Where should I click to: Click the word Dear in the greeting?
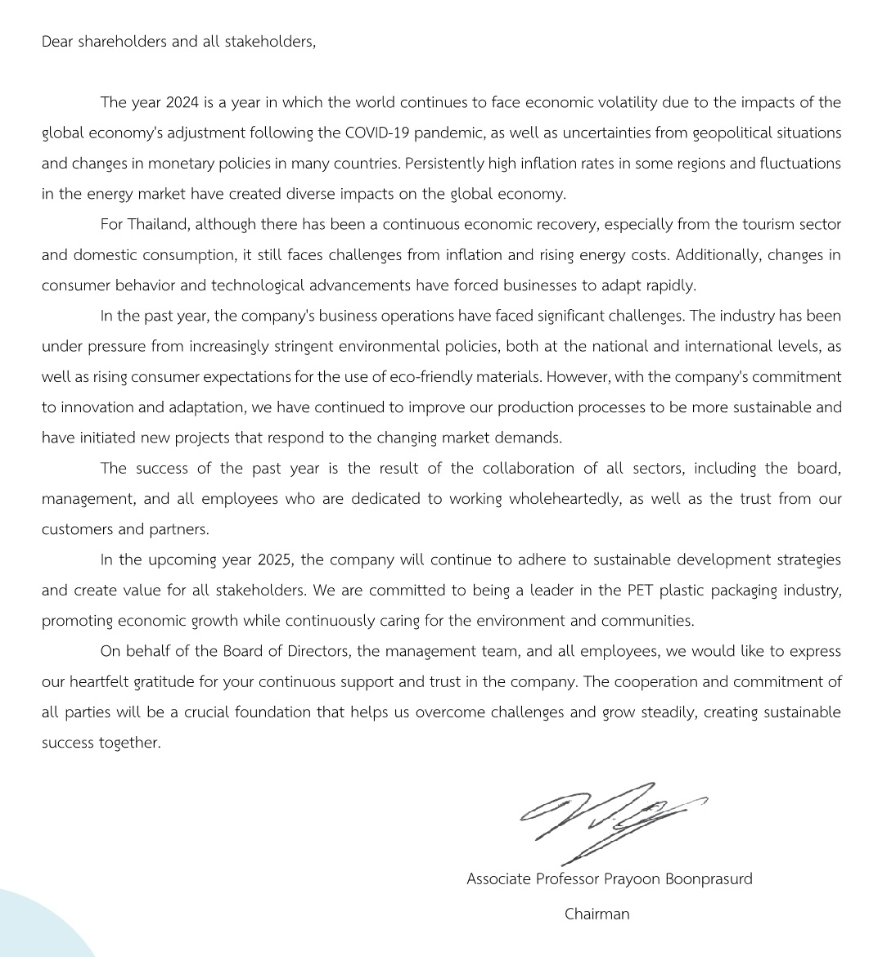point(56,42)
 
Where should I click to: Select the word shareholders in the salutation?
point(123,42)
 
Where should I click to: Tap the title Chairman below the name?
point(597,914)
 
